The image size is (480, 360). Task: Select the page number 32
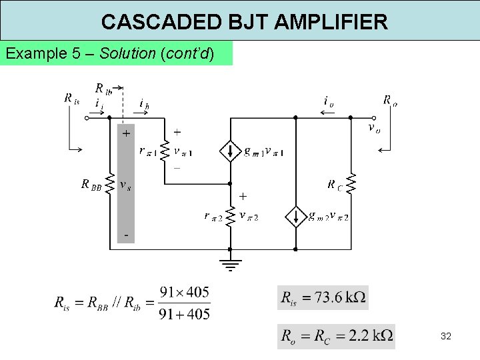coord(446,336)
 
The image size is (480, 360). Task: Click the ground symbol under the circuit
coord(230,265)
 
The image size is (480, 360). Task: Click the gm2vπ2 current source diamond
coord(295,217)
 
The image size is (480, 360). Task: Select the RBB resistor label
coord(92,185)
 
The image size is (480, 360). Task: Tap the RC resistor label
coord(337,185)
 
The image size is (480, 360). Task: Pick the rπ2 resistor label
coord(214,216)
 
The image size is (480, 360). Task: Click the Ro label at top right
coord(390,101)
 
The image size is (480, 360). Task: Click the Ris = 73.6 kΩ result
coord(323,297)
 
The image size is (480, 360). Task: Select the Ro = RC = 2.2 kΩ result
coord(337,335)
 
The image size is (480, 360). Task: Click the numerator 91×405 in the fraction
coord(185,292)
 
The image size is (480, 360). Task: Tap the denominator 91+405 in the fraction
coord(185,313)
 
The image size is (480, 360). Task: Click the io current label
coord(329,101)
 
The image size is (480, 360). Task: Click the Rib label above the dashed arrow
coord(103,88)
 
